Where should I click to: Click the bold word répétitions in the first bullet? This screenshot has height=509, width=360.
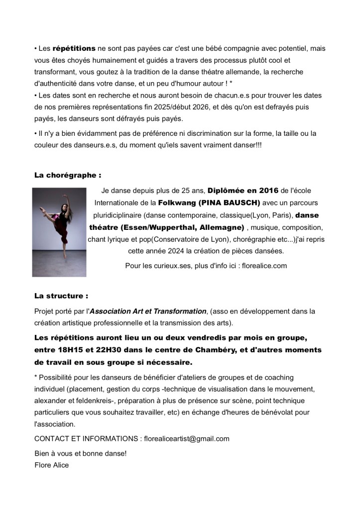coord(74,49)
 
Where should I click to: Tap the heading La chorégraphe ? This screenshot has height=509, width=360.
coord(68,175)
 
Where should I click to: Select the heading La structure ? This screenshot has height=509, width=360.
coord(61,296)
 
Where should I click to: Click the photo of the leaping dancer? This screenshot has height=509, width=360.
coord(59,232)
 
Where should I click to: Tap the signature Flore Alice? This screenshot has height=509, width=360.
coord(51,465)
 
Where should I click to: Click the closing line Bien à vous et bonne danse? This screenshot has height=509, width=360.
coord(81,454)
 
